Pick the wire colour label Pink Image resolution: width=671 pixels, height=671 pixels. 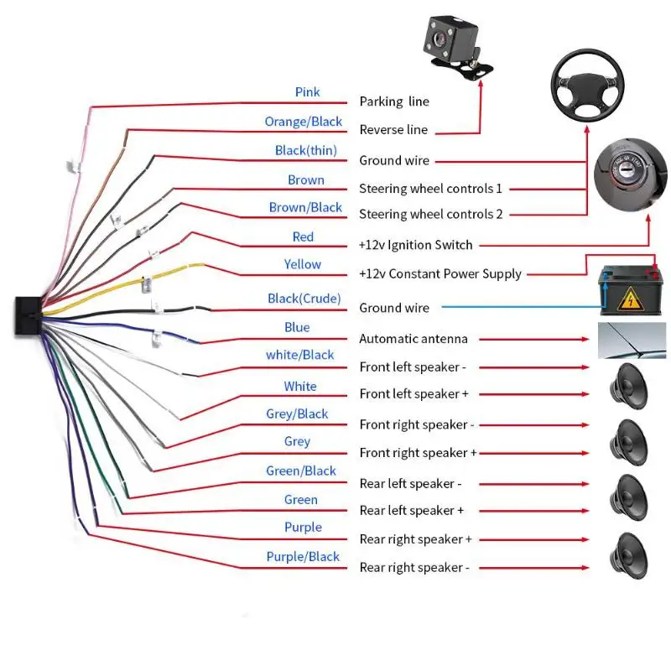307,91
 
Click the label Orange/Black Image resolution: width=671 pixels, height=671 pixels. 303,122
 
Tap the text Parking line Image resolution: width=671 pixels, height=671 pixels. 394,101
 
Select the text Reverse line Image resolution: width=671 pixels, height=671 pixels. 393,130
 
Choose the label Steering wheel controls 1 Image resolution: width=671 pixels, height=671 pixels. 430,189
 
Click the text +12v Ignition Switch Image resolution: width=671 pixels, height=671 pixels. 416,245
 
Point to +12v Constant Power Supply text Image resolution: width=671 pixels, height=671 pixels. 440,273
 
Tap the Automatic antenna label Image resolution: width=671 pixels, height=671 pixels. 414,339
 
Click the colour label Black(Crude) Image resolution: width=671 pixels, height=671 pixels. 304,299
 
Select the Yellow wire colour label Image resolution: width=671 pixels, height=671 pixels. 302,264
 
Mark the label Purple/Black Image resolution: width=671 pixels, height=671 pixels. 303,557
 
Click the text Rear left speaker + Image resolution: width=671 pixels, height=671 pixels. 411,510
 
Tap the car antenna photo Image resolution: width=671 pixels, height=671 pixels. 631,340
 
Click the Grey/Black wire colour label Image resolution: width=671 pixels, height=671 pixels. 297,414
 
